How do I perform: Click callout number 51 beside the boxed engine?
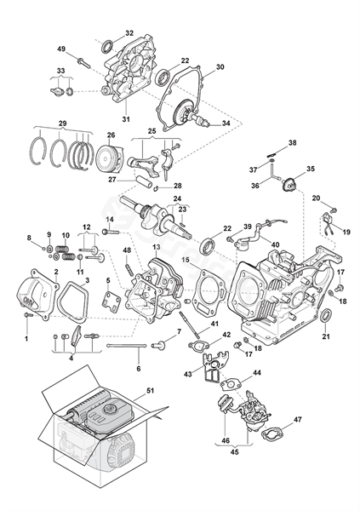pos(150,390)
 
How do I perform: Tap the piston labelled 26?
pos(110,158)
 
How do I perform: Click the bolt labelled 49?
pos(83,62)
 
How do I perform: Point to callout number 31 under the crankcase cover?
pos(126,119)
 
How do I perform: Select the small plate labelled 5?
pos(111,301)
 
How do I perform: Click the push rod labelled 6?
pos(128,346)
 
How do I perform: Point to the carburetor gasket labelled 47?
pos(272,433)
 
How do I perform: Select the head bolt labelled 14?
pos(111,232)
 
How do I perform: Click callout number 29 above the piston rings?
pos(62,123)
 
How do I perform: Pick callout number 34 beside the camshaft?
pos(226,123)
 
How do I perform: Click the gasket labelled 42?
pos(199,346)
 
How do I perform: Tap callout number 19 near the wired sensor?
pos(346,232)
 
